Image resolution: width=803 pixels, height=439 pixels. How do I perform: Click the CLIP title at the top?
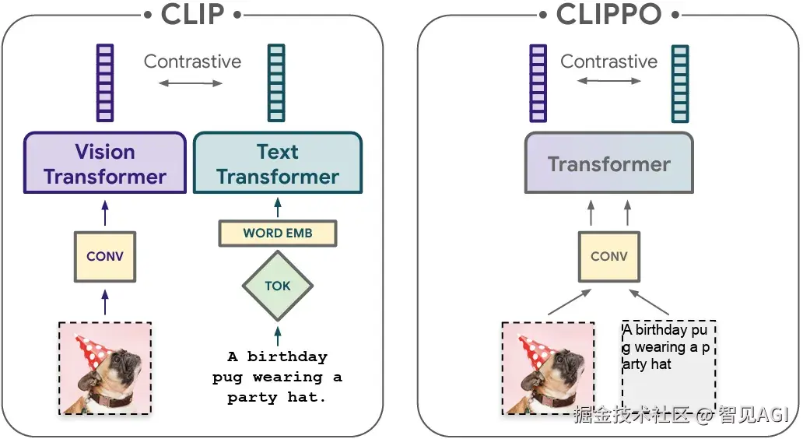191,14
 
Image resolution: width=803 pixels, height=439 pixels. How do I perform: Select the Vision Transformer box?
105,163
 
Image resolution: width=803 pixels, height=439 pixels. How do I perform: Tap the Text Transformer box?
278,163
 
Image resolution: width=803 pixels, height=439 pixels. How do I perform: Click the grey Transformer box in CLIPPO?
609,163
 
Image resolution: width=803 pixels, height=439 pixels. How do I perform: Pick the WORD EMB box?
278,233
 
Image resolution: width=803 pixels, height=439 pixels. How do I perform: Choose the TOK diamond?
278,286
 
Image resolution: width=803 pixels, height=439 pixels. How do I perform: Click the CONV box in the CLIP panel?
105,256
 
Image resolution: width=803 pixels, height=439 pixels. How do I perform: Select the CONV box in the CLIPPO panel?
609,256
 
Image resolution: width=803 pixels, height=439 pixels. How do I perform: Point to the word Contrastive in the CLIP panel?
192,61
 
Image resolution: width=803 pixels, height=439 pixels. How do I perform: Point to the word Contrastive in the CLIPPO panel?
609,61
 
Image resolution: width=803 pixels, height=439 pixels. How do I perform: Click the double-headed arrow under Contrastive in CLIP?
193,82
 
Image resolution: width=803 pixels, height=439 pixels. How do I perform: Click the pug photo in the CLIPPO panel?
548,367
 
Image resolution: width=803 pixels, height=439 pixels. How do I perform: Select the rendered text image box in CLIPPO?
668,366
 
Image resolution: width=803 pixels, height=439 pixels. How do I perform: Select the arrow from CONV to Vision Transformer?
105,212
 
